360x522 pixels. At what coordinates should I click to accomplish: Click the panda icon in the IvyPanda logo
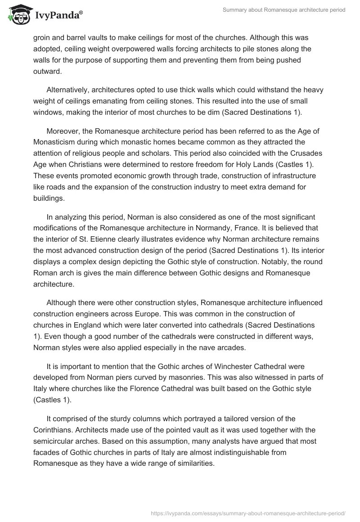coord(18,14)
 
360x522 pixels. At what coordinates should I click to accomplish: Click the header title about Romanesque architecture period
coord(284,9)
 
